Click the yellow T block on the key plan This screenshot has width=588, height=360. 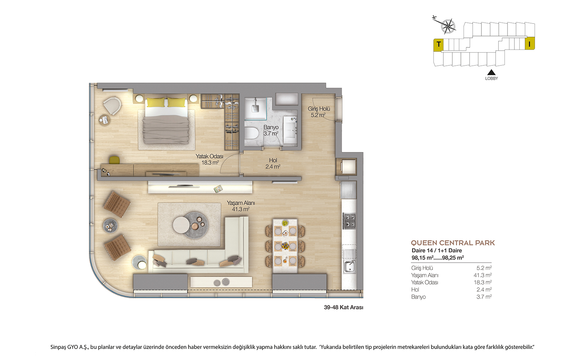pos(438,45)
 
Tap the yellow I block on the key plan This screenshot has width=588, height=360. pos(530,43)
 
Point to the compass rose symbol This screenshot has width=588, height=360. pos(448,26)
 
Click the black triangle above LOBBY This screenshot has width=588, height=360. pos(491,72)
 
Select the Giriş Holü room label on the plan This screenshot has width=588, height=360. pos(319,112)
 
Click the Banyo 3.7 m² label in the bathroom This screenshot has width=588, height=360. pos(271,130)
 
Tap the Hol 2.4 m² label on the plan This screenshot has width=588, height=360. pos(273,163)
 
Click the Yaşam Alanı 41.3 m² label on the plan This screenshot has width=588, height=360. pos(241,206)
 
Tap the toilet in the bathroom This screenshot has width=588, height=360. pos(251,133)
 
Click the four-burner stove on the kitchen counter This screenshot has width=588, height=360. pos(349,221)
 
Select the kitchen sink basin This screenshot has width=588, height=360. pos(349,267)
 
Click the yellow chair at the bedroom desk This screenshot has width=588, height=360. pos(114,160)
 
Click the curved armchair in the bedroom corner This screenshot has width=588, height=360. pos(112,106)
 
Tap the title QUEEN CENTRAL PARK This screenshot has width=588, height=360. pos(453,243)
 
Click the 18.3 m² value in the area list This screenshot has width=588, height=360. pos(483,282)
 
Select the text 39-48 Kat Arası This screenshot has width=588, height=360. pos(344,307)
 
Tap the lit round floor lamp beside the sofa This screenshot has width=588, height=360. pos(139,263)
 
